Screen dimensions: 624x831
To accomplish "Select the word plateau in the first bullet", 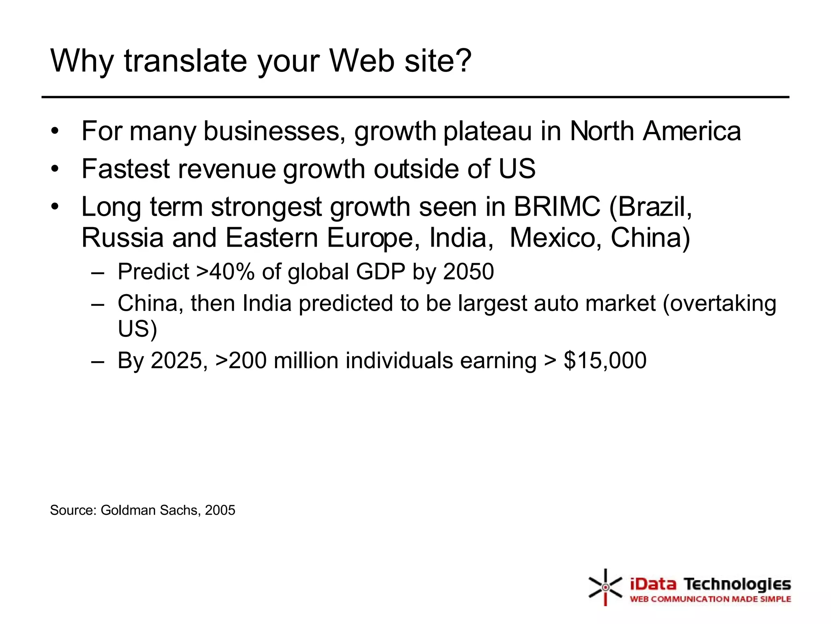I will [x=487, y=132].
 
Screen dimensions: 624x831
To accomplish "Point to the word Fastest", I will [x=126, y=169].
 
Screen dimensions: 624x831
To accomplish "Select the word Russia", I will [x=122, y=238].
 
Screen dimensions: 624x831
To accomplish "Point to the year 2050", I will [x=468, y=272].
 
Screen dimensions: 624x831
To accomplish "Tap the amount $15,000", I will [x=605, y=360].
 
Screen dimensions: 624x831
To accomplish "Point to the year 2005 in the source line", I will [x=220, y=510].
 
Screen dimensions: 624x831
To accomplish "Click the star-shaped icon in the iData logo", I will [x=605, y=587].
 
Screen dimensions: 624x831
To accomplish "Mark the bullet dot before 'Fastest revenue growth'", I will [x=55, y=169].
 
